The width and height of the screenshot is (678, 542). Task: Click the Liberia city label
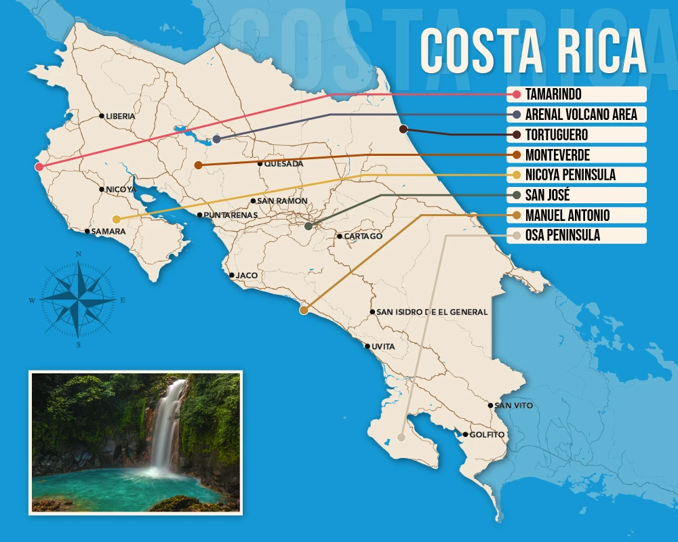[120, 116]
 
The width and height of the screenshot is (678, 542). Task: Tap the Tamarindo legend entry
[553, 94]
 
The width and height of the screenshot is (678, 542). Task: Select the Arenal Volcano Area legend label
[580, 114]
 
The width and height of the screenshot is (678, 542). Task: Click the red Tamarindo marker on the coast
[39, 167]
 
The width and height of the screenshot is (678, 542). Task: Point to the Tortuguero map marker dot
[403, 129]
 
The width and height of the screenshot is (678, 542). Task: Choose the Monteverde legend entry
[557, 154]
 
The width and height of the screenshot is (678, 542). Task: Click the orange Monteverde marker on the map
[198, 165]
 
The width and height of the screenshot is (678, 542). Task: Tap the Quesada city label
[283, 164]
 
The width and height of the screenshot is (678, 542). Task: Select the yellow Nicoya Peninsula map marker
[117, 219]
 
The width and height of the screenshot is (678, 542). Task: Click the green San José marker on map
[308, 226]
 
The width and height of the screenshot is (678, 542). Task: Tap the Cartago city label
[363, 236]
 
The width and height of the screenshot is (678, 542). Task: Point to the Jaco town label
[247, 276]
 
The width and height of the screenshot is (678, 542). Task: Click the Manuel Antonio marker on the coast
[304, 310]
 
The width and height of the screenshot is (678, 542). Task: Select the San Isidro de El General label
[431, 312]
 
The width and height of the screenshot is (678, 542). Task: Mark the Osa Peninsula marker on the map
[401, 438]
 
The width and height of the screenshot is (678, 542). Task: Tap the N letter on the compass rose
[79, 255]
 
